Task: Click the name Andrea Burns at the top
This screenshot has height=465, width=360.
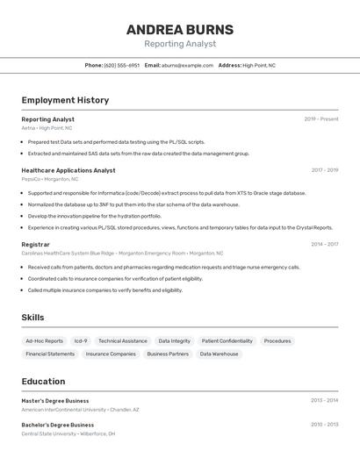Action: click(179, 29)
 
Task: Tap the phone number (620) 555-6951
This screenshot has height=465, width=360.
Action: click(121, 65)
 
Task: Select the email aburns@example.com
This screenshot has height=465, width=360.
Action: click(187, 65)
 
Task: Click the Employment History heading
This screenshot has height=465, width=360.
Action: click(65, 100)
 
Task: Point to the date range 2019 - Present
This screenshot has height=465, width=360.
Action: click(321, 118)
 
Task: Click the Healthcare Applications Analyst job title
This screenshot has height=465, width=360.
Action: click(68, 170)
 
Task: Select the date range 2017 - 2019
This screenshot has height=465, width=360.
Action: click(324, 170)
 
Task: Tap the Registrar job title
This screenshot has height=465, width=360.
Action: click(36, 244)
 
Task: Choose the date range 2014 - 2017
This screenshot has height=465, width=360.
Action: click(324, 244)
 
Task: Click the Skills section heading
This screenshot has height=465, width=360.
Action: click(32, 318)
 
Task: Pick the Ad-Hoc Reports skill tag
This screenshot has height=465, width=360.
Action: click(44, 340)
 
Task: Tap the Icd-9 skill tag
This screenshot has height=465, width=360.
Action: click(81, 340)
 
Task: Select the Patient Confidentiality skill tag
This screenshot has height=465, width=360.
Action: click(227, 340)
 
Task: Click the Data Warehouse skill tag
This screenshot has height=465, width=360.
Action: click(219, 354)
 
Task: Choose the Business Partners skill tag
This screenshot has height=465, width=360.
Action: click(167, 354)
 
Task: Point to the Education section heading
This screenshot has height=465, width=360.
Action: click(43, 382)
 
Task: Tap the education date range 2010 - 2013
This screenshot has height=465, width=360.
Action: click(324, 424)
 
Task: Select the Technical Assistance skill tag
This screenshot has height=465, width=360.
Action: click(123, 340)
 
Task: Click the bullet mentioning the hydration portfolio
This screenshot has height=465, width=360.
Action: click(94, 216)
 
